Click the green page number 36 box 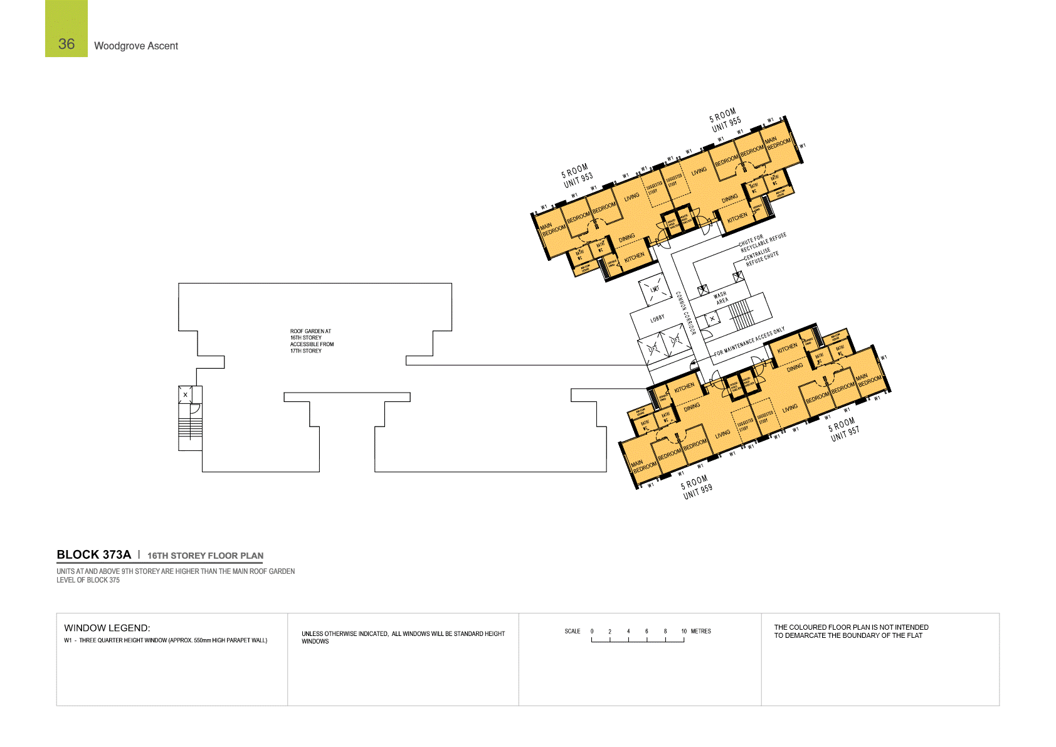click(x=66, y=29)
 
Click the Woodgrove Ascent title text click(x=136, y=46)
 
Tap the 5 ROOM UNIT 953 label click(x=577, y=176)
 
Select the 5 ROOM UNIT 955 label click(x=725, y=120)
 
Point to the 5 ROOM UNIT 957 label click(x=844, y=430)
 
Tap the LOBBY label click(x=657, y=319)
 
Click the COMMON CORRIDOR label click(x=685, y=313)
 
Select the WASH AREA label click(x=721, y=297)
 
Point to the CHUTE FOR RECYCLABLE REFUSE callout click(x=761, y=241)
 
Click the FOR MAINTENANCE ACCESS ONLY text click(x=749, y=342)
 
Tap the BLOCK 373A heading click(x=93, y=554)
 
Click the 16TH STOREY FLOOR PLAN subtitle click(x=205, y=556)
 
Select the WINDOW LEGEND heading click(x=107, y=628)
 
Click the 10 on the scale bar click(x=684, y=632)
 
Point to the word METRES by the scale click(x=701, y=632)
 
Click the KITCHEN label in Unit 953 click(x=634, y=257)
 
